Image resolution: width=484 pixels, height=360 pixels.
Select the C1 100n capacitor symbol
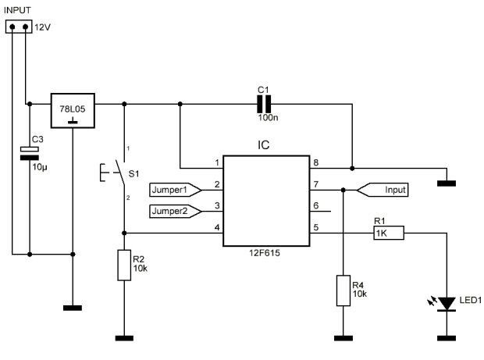coord(264,104)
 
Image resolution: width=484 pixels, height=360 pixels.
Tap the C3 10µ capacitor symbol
coord(30,153)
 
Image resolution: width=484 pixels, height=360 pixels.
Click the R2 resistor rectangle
coord(124,266)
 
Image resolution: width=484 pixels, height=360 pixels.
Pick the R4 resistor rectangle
coord(343,290)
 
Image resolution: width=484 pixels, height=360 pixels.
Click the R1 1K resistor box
coord(389,233)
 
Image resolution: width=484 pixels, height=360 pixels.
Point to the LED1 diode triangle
coord(447,304)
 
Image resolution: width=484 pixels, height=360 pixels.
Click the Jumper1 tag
coord(176,190)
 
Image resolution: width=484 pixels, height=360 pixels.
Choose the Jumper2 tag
coord(176,211)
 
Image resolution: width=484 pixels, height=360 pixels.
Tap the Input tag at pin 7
coord(383,190)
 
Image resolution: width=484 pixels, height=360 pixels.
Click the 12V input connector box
coord(19,27)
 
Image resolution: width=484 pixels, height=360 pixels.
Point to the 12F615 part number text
coord(265,253)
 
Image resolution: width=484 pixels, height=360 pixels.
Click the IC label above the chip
coord(264,144)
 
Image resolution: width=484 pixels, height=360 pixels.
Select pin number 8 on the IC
coord(316,162)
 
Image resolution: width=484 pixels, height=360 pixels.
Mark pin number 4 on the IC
coord(217,227)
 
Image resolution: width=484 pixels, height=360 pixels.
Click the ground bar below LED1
coord(447,338)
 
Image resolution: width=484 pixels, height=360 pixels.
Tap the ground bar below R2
coord(124,338)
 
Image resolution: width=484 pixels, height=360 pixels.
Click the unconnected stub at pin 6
coord(320,212)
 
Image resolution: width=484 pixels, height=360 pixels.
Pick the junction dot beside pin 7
coord(343,190)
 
